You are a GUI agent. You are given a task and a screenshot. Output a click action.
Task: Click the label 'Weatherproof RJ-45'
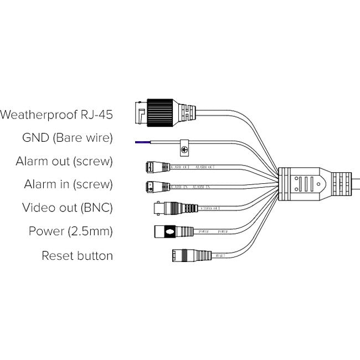(x=57, y=115)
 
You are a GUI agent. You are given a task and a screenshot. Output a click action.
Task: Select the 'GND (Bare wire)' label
(x=68, y=138)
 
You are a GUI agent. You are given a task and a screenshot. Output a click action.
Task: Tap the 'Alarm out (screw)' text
(x=65, y=161)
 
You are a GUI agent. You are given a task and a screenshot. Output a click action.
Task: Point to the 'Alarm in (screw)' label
(x=69, y=184)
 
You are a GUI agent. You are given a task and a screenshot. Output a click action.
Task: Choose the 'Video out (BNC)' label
(x=68, y=208)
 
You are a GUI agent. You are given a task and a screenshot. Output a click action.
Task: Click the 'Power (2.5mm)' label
(x=71, y=232)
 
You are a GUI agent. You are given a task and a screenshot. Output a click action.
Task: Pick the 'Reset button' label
(x=78, y=255)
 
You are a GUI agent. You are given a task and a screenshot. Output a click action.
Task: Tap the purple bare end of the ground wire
(x=141, y=142)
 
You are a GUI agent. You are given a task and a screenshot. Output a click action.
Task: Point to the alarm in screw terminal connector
(x=155, y=186)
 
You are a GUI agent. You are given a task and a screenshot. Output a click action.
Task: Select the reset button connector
(x=183, y=255)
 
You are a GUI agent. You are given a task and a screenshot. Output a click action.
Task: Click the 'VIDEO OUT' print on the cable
(x=211, y=209)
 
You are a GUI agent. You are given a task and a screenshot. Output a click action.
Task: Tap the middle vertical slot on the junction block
(x=304, y=182)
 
